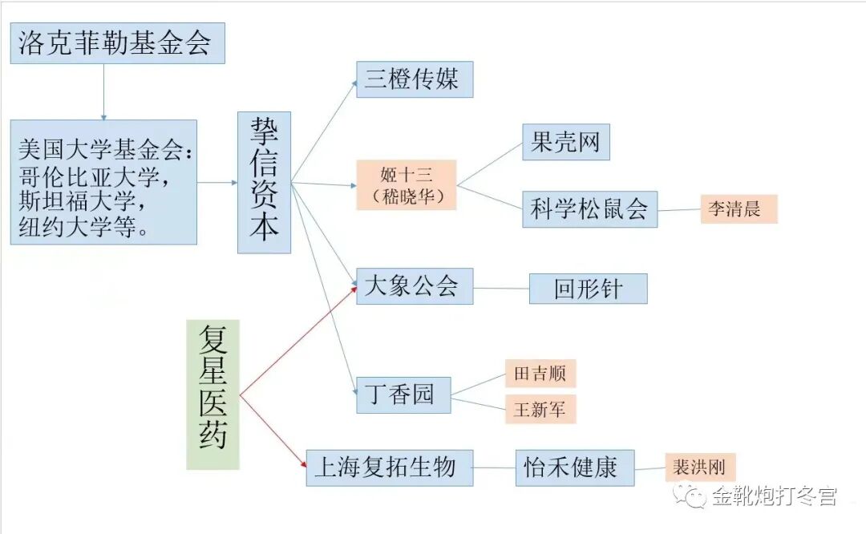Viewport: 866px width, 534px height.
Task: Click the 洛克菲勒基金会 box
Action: point(118,43)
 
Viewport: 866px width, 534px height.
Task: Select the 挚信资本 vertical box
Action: point(264,182)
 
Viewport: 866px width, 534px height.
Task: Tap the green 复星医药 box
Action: point(212,394)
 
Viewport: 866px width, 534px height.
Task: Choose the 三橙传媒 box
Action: point(414,79)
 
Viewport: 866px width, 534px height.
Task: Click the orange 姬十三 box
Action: point(407,184)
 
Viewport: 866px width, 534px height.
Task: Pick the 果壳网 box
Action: point(565,143)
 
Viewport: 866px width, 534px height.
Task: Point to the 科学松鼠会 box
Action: point(589,208)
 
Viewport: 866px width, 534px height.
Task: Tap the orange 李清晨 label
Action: point(739,208)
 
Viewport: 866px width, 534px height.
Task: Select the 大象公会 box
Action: point(414,286)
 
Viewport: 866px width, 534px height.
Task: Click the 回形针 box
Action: point(588,289)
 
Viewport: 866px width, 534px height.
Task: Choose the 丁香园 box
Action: point(403,394)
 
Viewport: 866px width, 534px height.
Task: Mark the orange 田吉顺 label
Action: point(540,374)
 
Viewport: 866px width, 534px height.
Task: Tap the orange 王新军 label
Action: point(540,409)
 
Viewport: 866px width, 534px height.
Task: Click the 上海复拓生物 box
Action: point(389,467)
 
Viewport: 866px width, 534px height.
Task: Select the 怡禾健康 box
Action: point(574,467)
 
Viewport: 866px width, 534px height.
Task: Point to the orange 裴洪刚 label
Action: point(700,467)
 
